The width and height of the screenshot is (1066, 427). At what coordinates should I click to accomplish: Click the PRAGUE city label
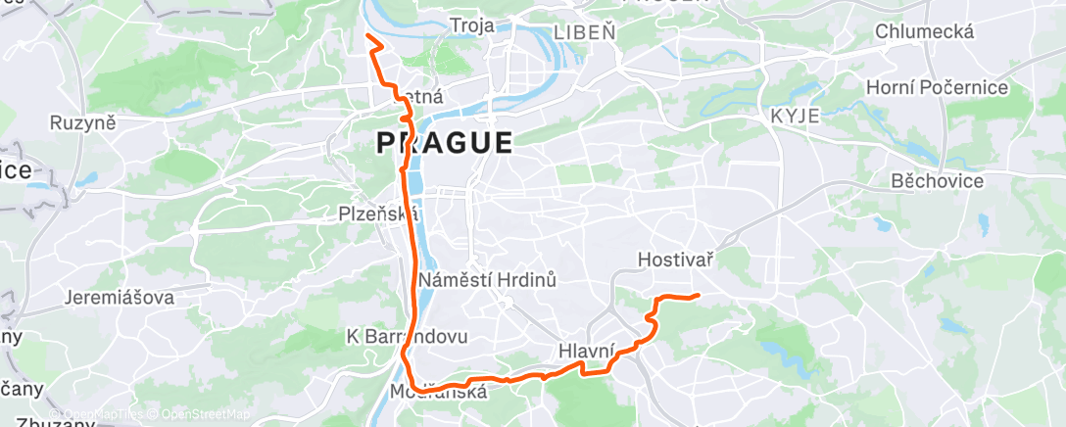pos(444,143)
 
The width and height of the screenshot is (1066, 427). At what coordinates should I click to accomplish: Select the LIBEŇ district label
pos(585,31)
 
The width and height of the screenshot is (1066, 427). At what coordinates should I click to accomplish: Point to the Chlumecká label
pos(925,32)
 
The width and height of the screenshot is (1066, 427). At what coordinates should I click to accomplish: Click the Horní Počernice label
pos(937,88)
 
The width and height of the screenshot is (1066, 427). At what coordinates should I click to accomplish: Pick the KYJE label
pos(795,116)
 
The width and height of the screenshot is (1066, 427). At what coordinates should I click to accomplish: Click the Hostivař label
pos(674,261)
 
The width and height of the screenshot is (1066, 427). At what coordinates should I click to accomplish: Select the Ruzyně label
pos(83,123)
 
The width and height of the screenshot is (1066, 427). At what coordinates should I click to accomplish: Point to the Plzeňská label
pos(378,213)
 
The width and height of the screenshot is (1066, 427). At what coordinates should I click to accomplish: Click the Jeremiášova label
pos(120,297)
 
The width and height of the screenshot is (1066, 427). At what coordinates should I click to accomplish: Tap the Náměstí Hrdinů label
pos(487,281)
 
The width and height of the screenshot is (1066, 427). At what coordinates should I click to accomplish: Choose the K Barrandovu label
pos(408,336)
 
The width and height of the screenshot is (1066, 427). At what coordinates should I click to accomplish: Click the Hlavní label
pos(587,351)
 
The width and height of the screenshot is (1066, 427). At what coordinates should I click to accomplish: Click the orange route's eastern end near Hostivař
pos(697,295)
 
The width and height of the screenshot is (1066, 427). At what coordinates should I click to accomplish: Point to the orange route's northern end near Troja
pos(367,36)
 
